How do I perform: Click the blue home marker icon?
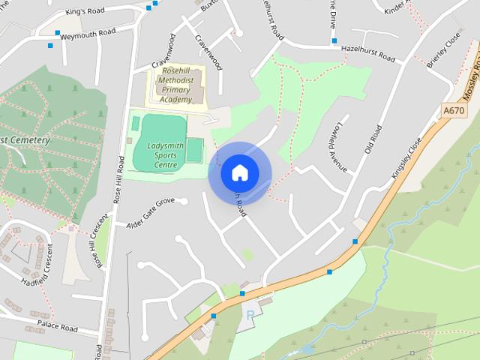(240, 172)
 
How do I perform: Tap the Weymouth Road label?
(88, 33)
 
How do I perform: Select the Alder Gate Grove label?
(150, 213)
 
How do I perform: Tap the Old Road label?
(373, 139)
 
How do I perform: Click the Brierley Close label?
(443, 50)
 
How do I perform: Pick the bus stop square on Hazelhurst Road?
(334, 40)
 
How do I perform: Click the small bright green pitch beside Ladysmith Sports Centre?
(194, 150)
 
